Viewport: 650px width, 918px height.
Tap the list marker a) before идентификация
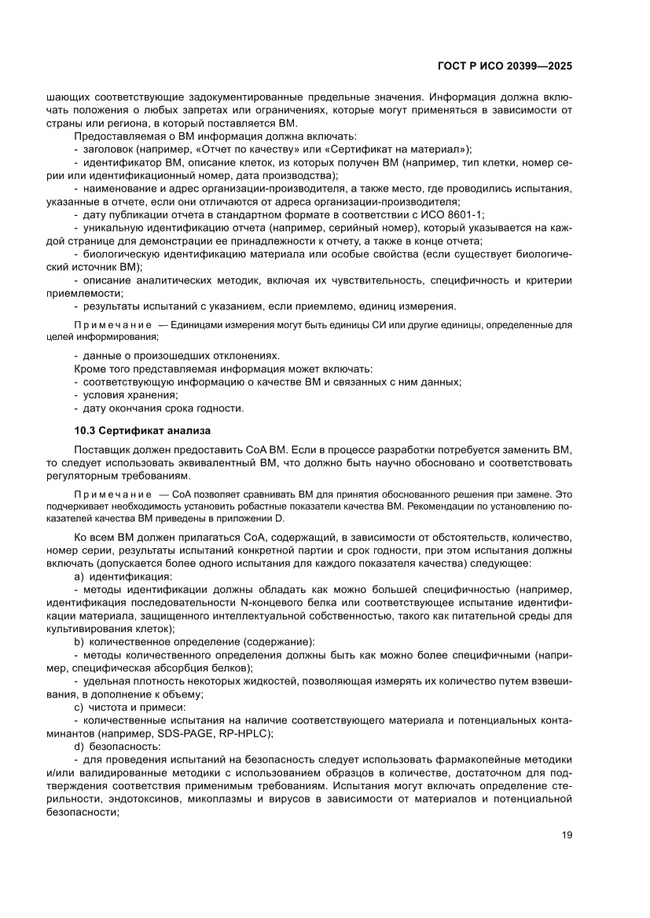click(79, 576)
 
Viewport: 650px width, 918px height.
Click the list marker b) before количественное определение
click(79, 642)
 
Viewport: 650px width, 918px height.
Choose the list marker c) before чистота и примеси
click(79, 707)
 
